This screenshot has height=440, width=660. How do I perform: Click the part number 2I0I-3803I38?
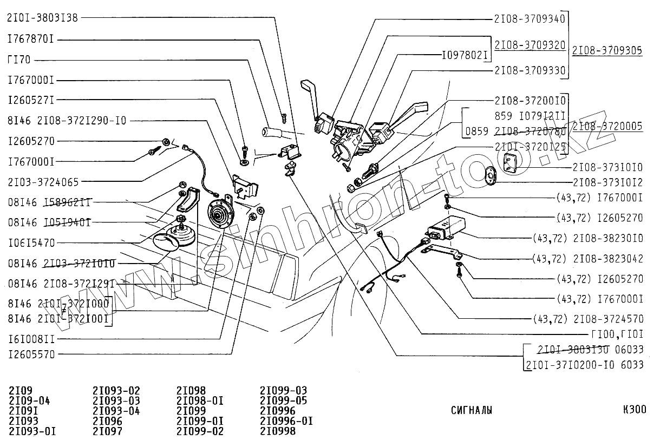point(42,17)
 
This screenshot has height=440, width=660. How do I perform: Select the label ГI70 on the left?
point(19,60)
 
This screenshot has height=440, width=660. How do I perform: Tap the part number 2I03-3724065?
point(43,182)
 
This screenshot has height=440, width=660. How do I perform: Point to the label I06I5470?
point(31,243)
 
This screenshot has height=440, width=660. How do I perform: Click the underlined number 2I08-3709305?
point(607,50)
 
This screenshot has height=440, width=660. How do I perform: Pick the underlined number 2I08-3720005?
point(607,126)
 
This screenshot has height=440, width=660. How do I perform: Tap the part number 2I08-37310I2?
point(607,182)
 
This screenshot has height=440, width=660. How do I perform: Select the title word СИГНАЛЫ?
point(472,410)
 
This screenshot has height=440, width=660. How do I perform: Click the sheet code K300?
point(634,410)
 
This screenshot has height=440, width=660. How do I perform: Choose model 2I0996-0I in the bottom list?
point(286,421)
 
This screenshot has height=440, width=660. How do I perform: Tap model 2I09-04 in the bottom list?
point(30,400)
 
